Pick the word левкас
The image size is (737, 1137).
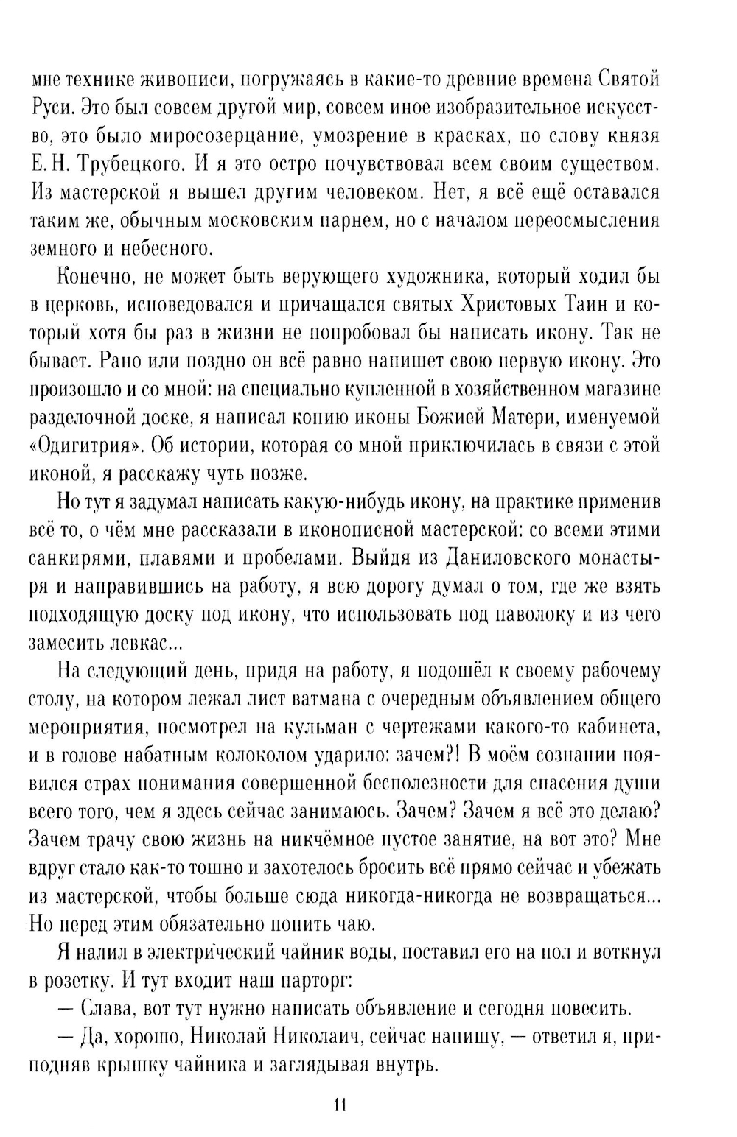(136, 642)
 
